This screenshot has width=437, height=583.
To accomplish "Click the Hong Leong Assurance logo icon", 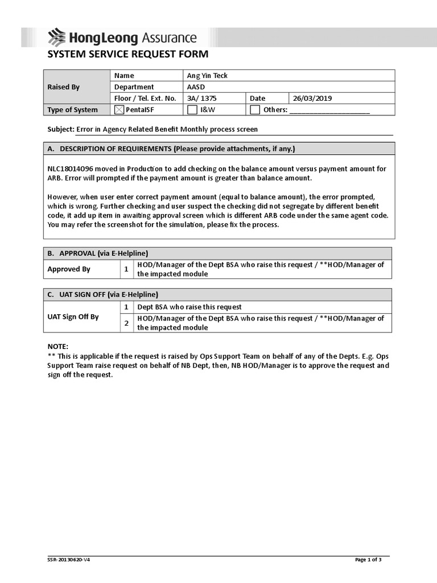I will (57, 38).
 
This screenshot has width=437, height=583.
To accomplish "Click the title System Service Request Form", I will (127, 55).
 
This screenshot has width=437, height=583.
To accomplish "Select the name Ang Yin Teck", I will (207, 76).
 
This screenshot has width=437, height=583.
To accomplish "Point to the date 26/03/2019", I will (312, 98).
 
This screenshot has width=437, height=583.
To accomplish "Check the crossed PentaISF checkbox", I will (119, 110).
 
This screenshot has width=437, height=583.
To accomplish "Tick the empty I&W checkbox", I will (192, 110).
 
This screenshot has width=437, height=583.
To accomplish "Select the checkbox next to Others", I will (255, 110).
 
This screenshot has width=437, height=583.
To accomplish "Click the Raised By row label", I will (63, 87).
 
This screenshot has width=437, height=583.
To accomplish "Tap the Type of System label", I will (72, 110).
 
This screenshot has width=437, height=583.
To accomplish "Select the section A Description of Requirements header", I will (171, 149).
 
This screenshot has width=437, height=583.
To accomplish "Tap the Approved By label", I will (69, 269).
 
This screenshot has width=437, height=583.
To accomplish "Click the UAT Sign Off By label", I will (73, 317).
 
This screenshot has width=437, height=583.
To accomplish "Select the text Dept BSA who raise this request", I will (189, 307).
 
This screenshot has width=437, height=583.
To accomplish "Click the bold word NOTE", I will (57, 346).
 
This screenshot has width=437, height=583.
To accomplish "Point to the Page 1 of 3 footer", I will (368, 560).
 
